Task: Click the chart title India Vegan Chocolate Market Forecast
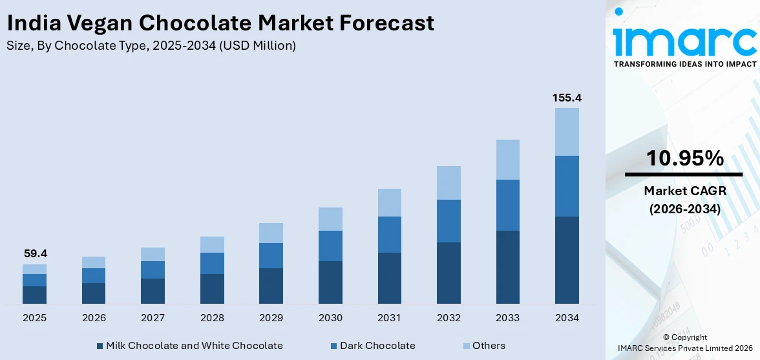click(x=220, y=23)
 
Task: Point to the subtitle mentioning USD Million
click(x=151, y=46)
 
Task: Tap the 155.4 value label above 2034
click(x=567, y=98)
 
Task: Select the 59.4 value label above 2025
click(x=34, y=254)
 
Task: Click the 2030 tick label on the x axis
click(x=330, y=318)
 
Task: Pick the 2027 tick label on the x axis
click(x=153, y=318)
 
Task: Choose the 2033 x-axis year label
click(x=508, y=318)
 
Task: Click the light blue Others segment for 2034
click(x=567, y=132)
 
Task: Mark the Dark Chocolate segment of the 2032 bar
click(x=449, y=221)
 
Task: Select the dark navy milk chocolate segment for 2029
click(x=271, y=286)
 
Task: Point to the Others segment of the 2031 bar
click(x=390, y=202)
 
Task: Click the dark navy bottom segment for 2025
click(x=34, y=295)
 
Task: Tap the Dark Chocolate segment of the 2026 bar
click(x=94, y=275)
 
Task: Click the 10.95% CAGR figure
click(x=684, y=158)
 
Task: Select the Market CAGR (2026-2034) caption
click(x=684, y=200)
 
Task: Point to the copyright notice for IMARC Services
click(x=684, y=343)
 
